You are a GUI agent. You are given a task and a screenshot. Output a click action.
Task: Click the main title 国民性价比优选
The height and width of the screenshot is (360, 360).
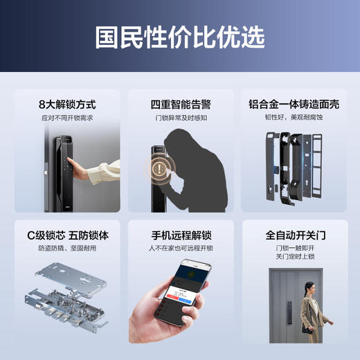coord(179,37)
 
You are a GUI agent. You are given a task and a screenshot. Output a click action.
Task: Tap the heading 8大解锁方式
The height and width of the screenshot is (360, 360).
coord(66,105)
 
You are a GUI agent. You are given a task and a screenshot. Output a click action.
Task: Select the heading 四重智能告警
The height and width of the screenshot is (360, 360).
coord(179,105)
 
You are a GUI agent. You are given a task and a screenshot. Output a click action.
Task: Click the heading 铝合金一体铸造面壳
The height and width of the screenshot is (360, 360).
coord(294,105)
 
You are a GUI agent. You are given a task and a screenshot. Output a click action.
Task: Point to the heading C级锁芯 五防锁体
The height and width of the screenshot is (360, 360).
coord(66,235)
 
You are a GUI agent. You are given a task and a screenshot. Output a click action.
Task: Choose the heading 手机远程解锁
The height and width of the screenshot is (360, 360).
coord(179,235)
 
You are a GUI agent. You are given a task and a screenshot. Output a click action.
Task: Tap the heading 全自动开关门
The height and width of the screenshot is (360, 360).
coord(294,235)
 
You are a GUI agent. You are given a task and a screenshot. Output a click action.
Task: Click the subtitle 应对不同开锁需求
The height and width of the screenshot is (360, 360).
coord(66,118)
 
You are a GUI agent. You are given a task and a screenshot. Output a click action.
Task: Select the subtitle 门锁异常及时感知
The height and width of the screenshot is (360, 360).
coord(179,118)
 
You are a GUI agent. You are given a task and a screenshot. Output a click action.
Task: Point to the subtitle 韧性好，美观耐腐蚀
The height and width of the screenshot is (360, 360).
coord(294,118)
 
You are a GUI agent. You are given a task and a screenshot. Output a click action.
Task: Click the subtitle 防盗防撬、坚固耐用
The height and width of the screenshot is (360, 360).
coord(66,249)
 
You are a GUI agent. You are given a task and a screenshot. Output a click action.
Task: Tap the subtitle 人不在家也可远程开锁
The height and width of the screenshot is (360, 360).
coord(179,249)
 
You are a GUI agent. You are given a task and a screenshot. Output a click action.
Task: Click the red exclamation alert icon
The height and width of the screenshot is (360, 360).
coord(161,168)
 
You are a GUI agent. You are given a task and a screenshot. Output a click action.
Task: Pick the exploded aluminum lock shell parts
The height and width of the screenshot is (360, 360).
coord(294,166)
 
